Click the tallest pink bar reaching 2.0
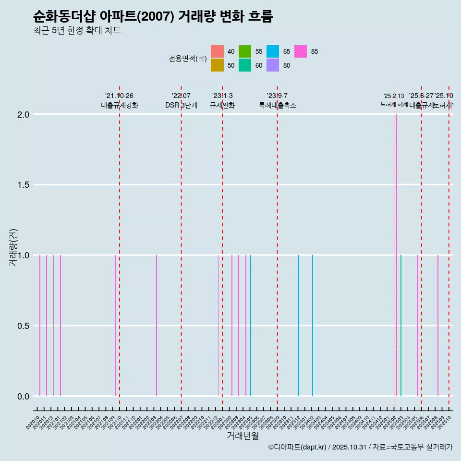[397, 255]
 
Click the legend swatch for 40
[217, 51]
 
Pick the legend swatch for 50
[217, 65]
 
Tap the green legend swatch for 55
[245, 51]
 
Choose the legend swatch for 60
[245, 65]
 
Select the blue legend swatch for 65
[273, 51]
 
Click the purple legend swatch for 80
[273, 65]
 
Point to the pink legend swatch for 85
[301, 51]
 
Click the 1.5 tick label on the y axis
[24, 185]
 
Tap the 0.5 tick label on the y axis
[24, 326]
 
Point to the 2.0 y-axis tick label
[24, 115]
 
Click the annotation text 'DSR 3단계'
[181, 105]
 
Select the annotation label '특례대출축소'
[278, 105]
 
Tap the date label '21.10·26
[119, 96]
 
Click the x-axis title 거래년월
[243, 436]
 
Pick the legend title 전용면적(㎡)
[188, 59]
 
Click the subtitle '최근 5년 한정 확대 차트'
[77, 31]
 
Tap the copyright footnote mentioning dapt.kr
[360, 447]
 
